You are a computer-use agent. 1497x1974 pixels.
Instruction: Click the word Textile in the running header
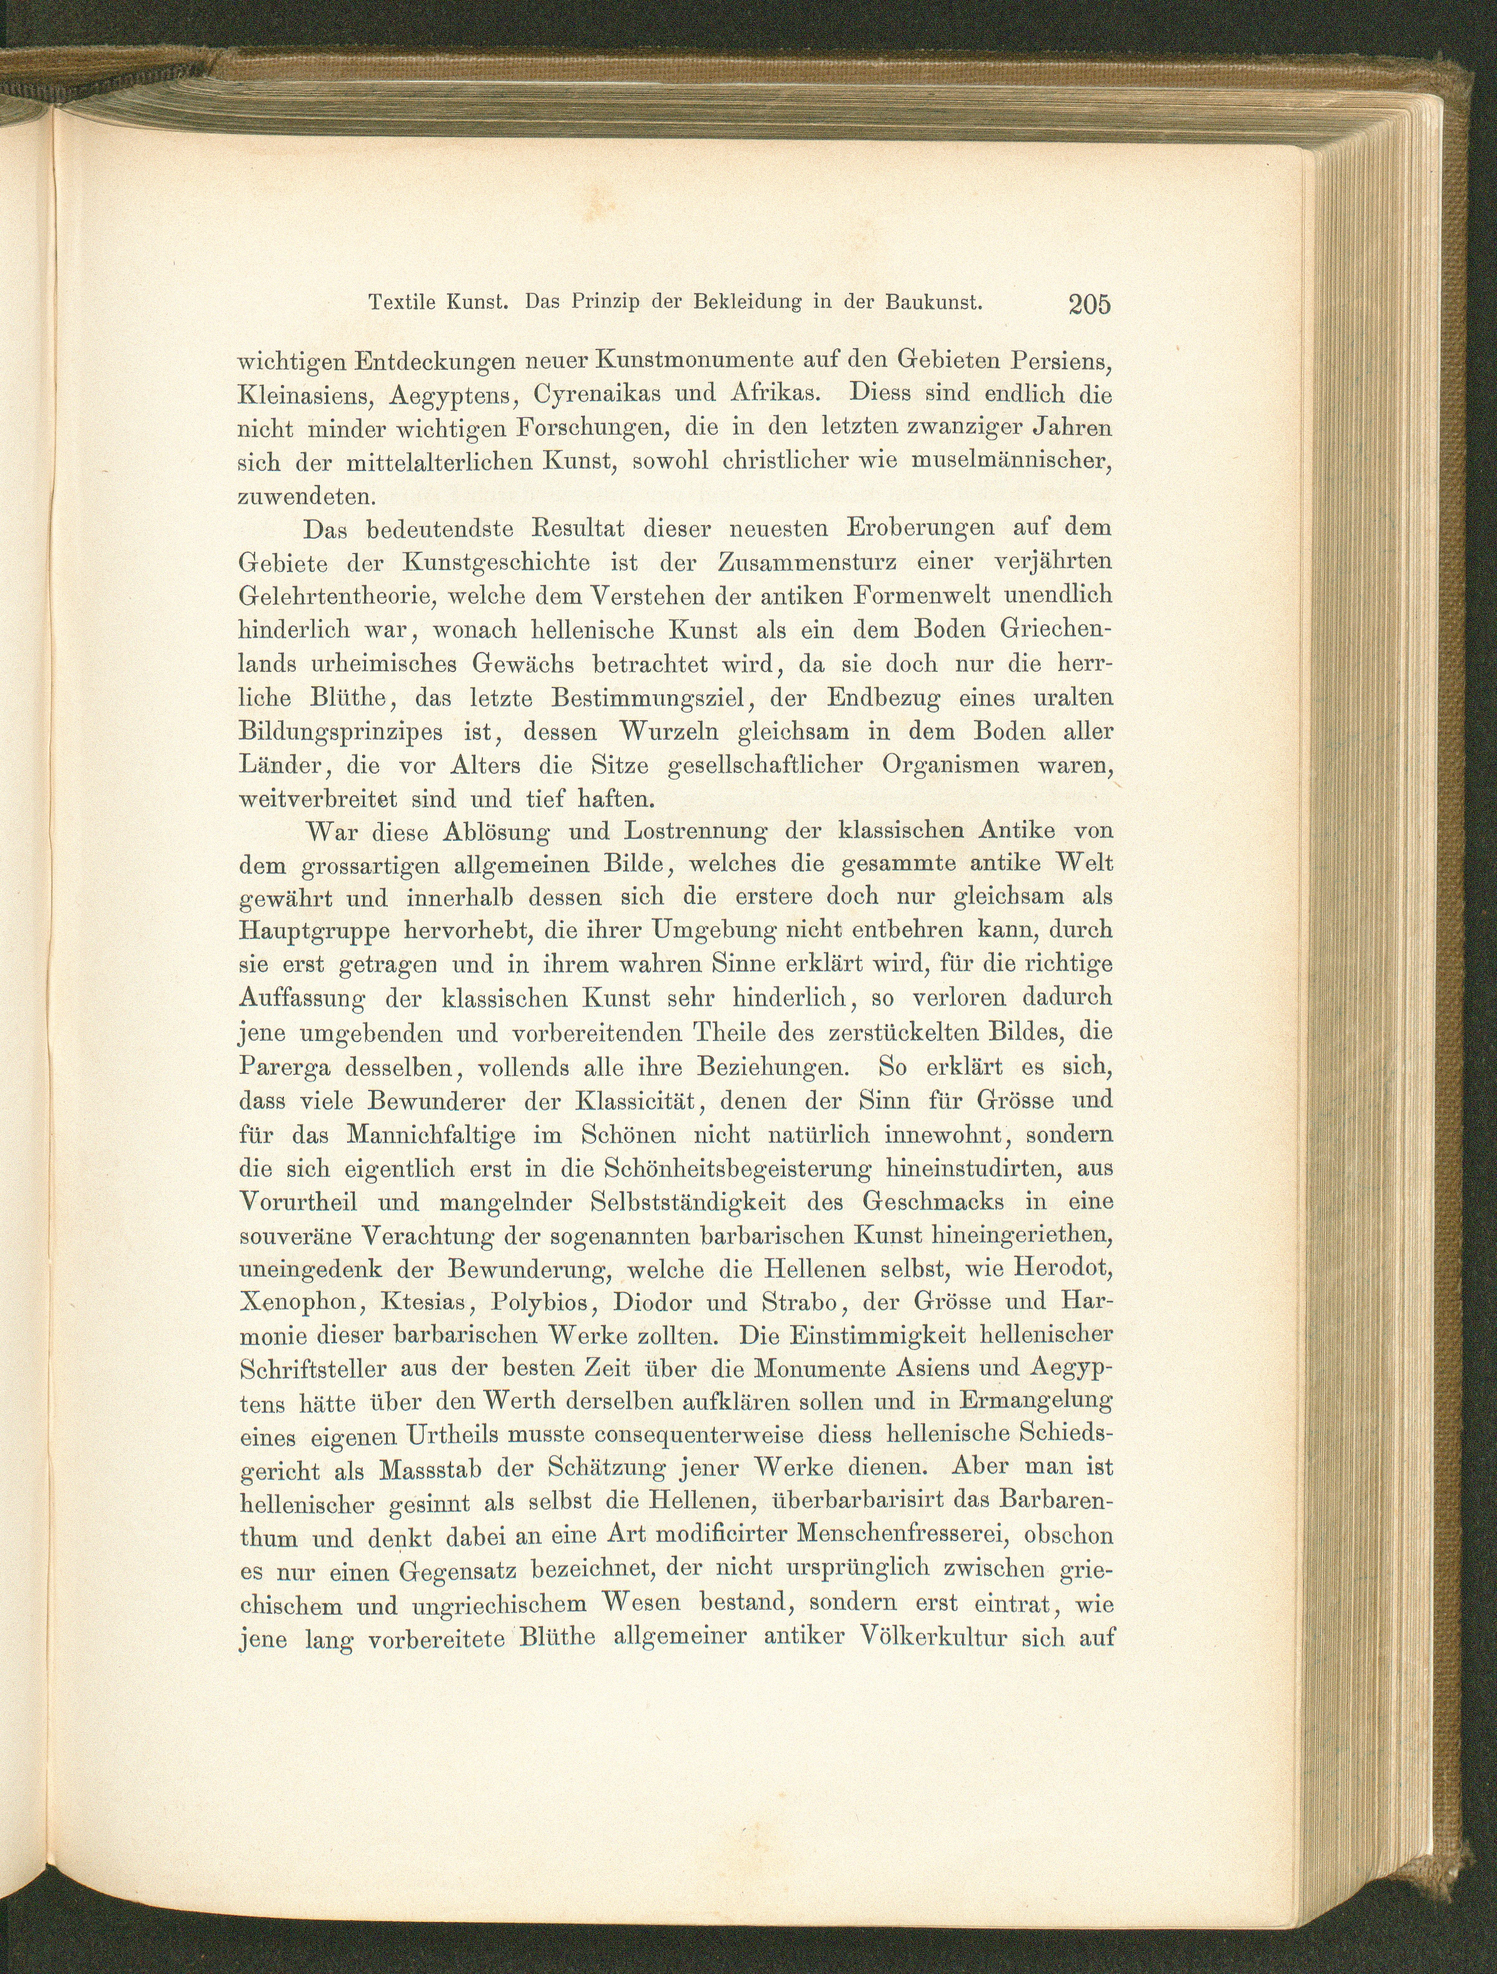click(402, 303)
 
